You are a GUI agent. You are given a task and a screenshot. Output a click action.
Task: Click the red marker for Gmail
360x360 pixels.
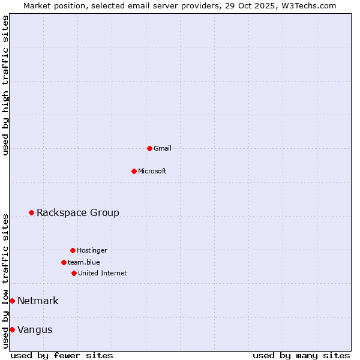click(x=149, y=148)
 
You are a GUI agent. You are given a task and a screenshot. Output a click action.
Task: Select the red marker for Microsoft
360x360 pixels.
click(x=134, y=171)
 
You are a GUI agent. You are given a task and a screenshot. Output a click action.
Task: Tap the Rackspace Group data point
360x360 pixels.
click(x=31, y=212)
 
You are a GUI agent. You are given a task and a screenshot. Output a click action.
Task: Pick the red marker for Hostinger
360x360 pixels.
click(x=73, y=250)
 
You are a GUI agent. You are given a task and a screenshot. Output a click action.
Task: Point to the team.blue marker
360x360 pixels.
click(x=64, y=262)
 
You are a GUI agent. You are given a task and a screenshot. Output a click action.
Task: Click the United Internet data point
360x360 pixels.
click(x=74, y=273)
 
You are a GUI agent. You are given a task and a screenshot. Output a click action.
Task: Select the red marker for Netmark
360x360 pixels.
click(x=12, y=301)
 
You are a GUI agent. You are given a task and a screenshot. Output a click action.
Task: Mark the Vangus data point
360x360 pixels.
click(x=12, y=329)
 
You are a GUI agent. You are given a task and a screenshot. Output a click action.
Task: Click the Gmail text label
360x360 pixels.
click(x=163, y=148)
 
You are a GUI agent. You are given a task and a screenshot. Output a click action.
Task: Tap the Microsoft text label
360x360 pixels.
click(x=152, y=171)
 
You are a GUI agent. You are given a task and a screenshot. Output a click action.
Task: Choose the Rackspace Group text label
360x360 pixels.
click(x=78, y=212)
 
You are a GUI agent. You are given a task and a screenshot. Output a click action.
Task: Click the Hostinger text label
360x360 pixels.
click(x=92, y=250)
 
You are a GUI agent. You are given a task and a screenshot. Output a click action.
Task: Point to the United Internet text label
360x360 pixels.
click(x=103, y=273)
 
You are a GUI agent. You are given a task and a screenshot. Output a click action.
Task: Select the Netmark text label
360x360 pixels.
click(x=38, y=301)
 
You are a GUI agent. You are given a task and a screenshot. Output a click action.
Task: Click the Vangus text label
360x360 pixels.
click(x=35, y=329)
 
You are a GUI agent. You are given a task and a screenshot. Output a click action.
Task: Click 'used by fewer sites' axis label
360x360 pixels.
click(x=62, y=355)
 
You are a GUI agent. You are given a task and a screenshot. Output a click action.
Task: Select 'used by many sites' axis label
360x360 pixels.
click(x=301, y=355)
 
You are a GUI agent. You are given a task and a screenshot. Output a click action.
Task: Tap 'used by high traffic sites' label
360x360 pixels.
click(x=5, y=85)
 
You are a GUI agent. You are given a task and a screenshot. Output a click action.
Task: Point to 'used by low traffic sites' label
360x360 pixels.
click(x=5, y=280)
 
